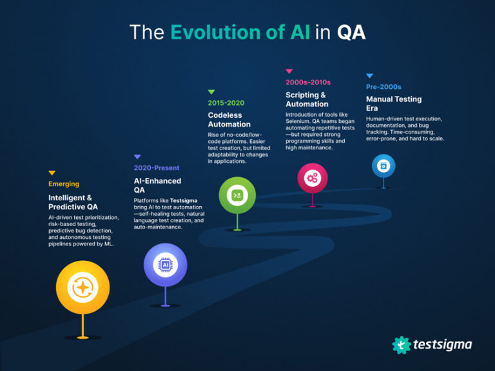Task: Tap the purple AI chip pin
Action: tap(165, 265)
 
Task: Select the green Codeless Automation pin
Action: tap(237, 195)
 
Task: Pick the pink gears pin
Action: tap(313, 178)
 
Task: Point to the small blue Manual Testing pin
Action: tap(383, 166)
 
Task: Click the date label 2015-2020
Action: tap(226, 103)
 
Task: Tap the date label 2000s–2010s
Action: tap(308, 82)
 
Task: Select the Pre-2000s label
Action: tap(383, 87)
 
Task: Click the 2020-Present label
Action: tap(157, 168)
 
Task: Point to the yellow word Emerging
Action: tap(64, 184)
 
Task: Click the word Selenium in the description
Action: tap(300, 121)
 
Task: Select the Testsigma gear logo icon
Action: tap(402, 345)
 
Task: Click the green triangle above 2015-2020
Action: tap(211, 92)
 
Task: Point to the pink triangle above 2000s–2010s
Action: tap(289, 71)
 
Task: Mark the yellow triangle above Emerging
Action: tap(52, 173)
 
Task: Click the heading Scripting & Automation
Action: tap(307, 99)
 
